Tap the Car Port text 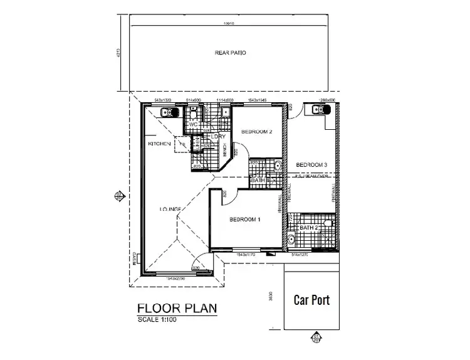[x=312, y=300]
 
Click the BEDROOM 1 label [x=246, y=220]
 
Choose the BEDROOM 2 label [x=257, y=132]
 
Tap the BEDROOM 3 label [x=311, y=165]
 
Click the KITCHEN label [x=159, y=144]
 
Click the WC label [x=194, y=125]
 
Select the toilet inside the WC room [x=195, y=113]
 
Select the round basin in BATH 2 [x=291, y=240]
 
